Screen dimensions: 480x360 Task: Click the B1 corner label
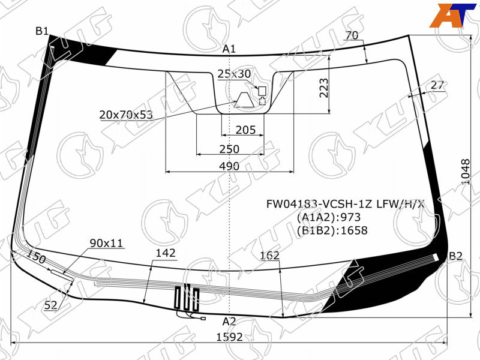point(42,31)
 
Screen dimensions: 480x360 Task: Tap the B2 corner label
point(455,256)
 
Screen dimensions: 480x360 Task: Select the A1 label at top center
point(229,49)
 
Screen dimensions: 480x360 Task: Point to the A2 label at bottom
point(229,322)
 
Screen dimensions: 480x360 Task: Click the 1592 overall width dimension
point(230,337)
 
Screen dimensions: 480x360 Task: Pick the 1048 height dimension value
point(466,172)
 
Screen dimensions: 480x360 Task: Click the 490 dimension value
point(229,166)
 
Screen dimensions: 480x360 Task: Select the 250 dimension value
point(229,149)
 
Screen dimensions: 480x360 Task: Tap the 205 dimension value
point(245,130)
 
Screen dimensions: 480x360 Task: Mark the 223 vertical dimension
point(324,88)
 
